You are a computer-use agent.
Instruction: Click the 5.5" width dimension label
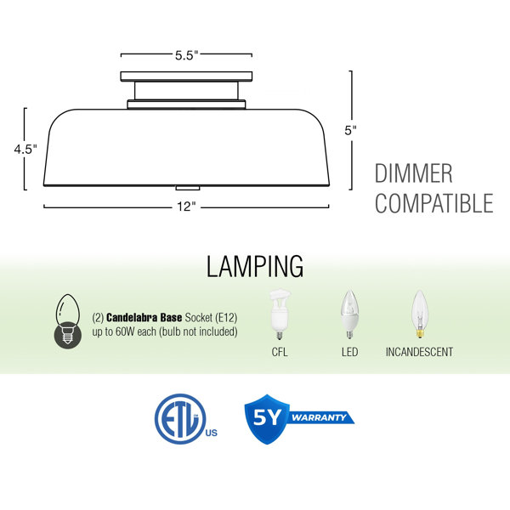(x=186, y=55)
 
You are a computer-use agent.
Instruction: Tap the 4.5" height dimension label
(x=25, y=150)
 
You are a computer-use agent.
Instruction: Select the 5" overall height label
(x=350, y=130)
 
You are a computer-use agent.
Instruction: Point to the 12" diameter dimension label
(x=186, y=207)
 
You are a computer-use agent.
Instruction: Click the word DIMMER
(x=413, y=173)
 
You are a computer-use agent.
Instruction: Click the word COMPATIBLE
(x=433, y=203)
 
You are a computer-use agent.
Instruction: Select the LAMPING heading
(x=255, y=266)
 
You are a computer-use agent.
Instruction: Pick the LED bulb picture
(x=349, y=314)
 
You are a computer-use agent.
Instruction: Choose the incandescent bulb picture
(x=419, y=314)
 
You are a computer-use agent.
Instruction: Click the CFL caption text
(x=280, y=352)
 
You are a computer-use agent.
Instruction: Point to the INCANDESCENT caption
(x=419, y=352)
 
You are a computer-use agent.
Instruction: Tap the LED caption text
(x=349, y=352)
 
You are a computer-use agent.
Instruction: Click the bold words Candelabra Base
(x=144, y=317)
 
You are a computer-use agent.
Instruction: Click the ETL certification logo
(x=185, y=419)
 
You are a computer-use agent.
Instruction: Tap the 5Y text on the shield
(x=267, y=417)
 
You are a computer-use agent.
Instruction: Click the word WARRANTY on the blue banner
(x=319, y=417)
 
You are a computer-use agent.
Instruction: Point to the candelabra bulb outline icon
(x=68, y=321)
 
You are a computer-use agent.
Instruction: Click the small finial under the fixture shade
(x=188, y=188)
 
